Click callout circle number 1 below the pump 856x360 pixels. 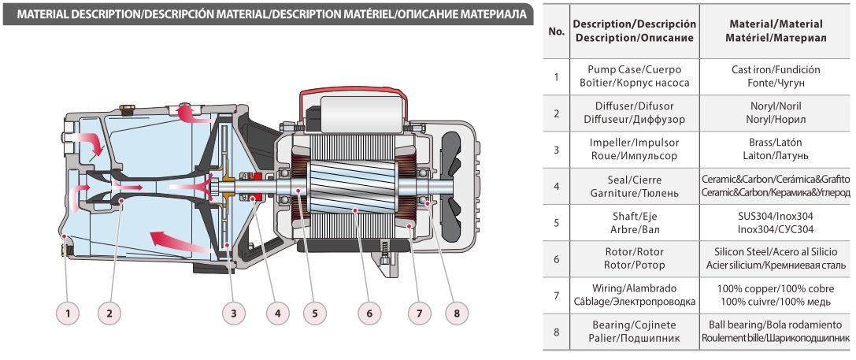tap(69, 313)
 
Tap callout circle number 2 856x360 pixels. tap(109, 313)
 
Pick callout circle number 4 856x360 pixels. tap(274, 313)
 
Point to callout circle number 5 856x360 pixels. tap(315, 313)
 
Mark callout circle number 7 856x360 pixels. tap(419, 313)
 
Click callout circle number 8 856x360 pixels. tap(454, 313)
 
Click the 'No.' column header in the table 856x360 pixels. tap(556, 32)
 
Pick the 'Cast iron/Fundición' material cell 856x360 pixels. tap(776, 76)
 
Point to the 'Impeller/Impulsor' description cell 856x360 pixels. tap(634, 149)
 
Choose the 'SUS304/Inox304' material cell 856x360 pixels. tap(776, 222)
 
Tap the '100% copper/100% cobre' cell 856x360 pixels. tap(776, 295)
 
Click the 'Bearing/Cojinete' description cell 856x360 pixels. tap(634, 331)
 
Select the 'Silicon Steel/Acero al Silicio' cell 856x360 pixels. tap(776, 258)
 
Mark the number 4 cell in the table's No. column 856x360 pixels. tap(556, 186)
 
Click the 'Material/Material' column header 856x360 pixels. tap(776, 32)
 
